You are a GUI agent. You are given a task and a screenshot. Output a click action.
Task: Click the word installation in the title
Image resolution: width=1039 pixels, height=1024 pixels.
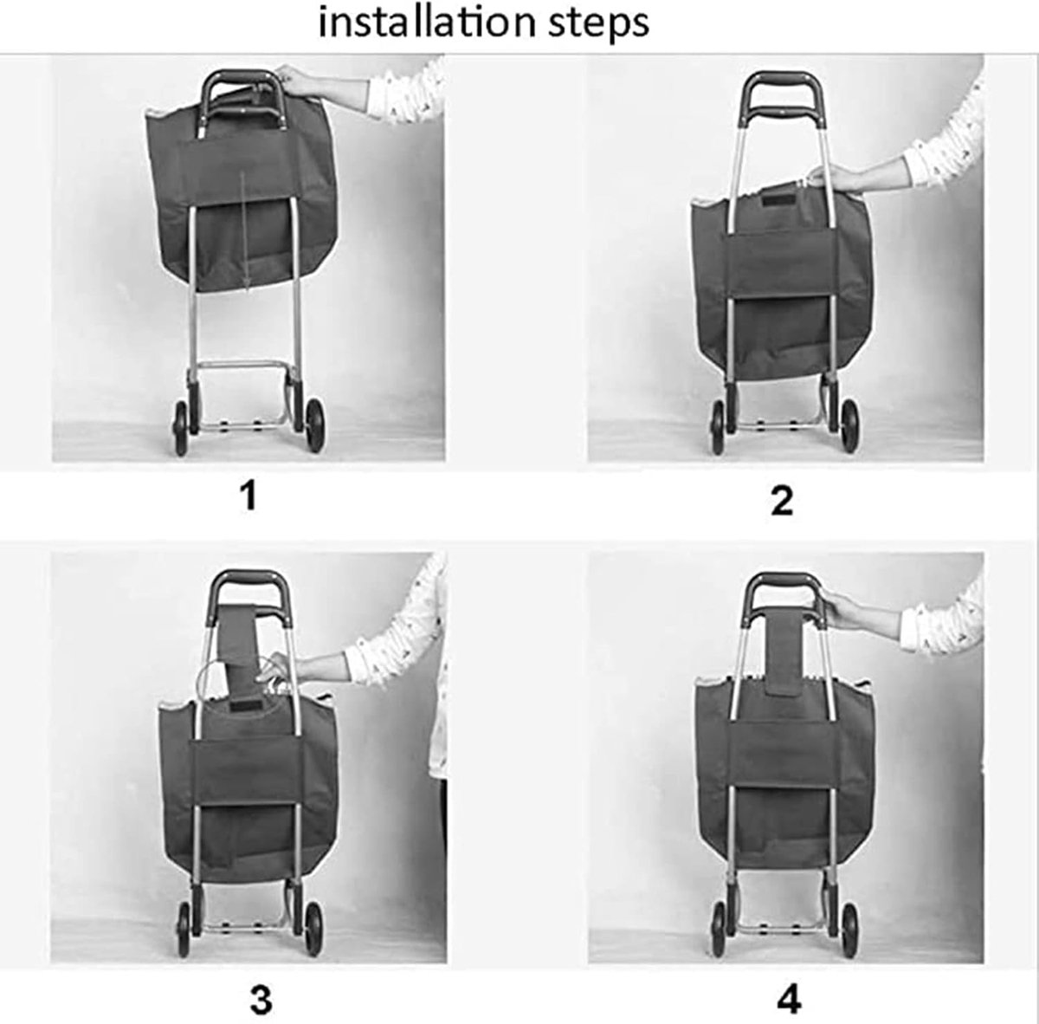click(425, 23)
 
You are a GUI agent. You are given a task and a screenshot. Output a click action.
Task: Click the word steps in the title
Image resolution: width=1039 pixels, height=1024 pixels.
click(599, 25)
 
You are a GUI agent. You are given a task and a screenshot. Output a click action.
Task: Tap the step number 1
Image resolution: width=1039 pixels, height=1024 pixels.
click(248, 496)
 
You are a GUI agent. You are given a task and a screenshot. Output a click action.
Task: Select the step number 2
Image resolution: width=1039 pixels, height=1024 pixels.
click(781, 502)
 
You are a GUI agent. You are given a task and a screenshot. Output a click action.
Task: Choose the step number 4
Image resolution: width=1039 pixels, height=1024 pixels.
click(789, 999)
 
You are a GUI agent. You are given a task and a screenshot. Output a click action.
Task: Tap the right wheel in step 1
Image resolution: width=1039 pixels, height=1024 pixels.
click(315, 426)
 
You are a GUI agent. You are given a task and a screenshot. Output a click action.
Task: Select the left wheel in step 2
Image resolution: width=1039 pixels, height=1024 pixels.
click(717, 426)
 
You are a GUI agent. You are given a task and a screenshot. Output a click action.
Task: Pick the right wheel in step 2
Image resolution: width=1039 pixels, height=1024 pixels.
click(850, 426)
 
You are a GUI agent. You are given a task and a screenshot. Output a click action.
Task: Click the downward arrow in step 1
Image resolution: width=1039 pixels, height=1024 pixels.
click(244, 232)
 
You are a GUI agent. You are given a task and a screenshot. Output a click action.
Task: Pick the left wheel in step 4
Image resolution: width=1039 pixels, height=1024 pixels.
click(718, 929)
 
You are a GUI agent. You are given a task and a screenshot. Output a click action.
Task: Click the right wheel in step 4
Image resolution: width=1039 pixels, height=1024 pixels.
click(850, 928)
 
